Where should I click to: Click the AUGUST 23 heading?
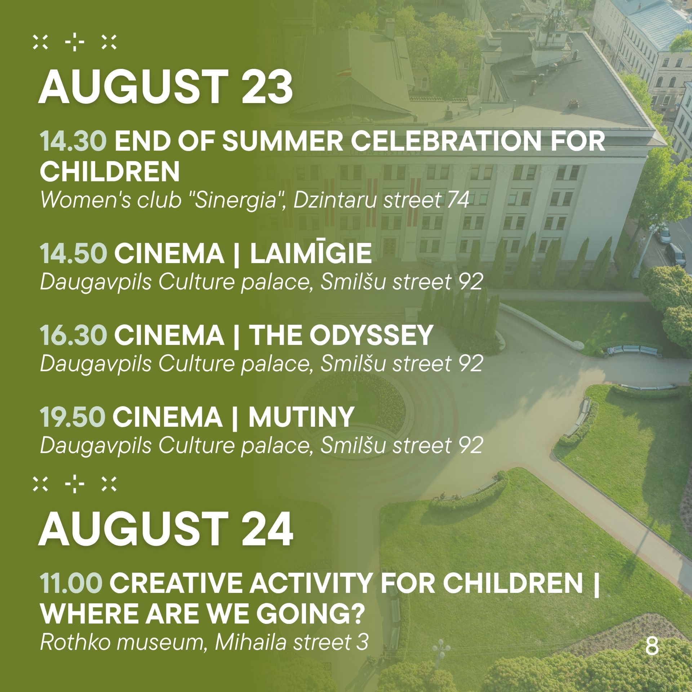(165, 86)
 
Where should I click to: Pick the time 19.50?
(72, 417)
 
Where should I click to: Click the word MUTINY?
(301, 417)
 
